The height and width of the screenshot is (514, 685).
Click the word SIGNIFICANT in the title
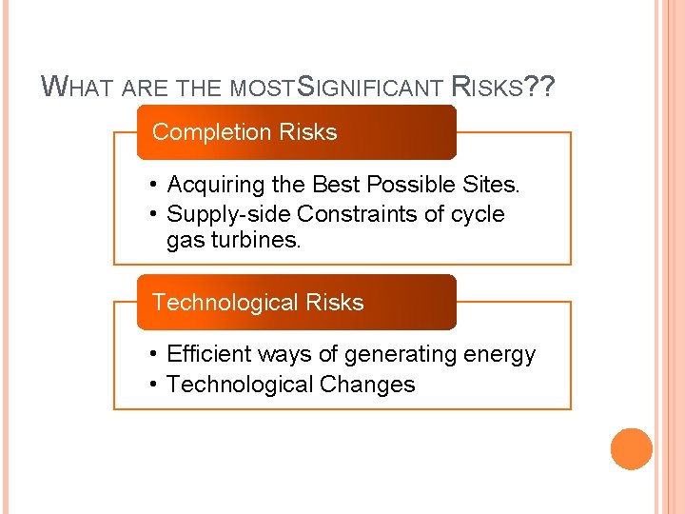coord(370,89)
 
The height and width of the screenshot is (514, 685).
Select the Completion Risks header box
coord(297,132)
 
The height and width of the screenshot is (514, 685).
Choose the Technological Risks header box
coord(297,303)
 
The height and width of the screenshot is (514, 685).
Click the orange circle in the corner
coord(631,449)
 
